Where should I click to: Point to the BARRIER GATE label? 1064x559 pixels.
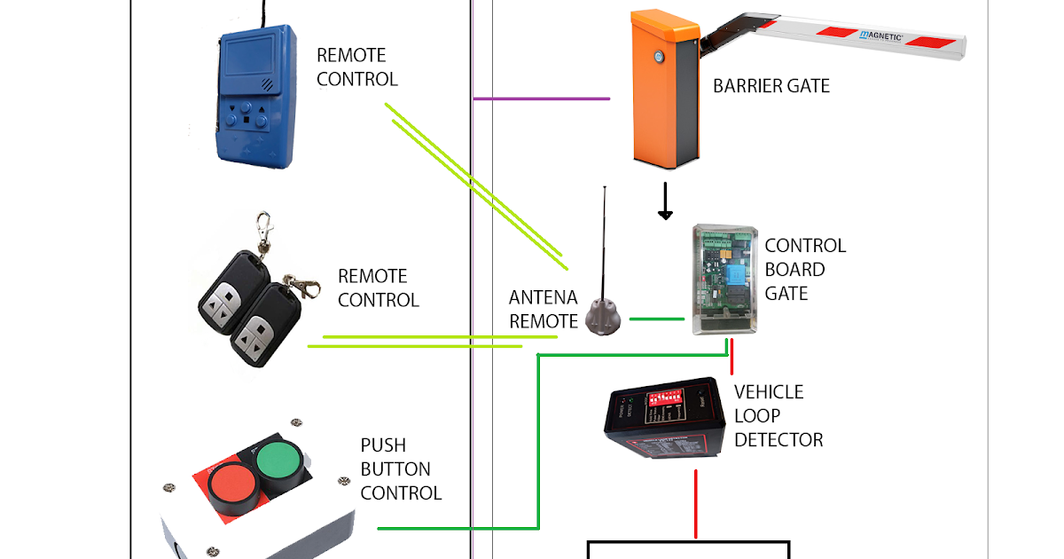771,86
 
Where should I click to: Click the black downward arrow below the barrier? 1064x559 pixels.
665,202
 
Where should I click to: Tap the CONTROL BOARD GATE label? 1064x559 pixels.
805,269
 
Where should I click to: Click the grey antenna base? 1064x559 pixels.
602,317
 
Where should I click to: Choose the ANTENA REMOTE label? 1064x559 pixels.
543,309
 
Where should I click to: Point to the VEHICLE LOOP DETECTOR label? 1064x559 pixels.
778,415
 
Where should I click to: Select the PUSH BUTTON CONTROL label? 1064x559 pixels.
401,468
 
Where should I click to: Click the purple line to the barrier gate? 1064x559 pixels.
541,98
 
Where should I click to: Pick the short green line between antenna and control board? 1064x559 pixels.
656,319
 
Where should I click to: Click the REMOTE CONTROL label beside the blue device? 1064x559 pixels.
357,67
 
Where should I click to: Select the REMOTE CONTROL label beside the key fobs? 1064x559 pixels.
378,287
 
